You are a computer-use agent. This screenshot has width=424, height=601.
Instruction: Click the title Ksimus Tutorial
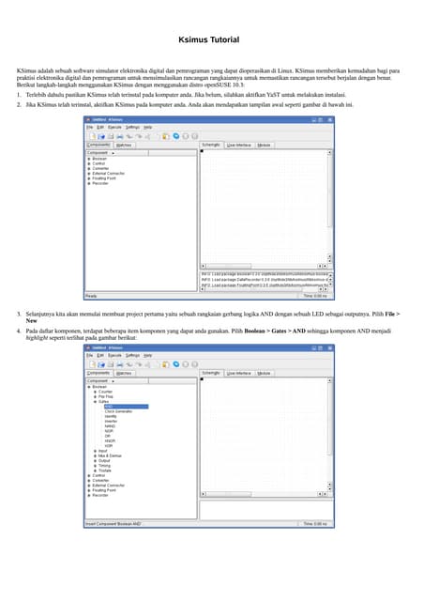pyautogui.click(x=208, y=40)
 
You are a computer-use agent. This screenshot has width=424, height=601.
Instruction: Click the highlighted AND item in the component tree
pyautogui.click(x=110, y=407)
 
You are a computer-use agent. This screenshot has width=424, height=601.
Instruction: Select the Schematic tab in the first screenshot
pyautogui.click(x=211, y=145)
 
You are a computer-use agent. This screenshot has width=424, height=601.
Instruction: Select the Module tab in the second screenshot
pyautogui.click(x=265, y=373)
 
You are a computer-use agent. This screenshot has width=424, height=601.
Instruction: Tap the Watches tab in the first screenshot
pyautogui.click(x=124, y=145)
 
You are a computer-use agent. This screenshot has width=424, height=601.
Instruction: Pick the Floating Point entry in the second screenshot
pyautogui.click(x=104, y=489)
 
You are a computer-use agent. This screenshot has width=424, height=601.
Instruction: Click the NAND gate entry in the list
pyautogui.click(x=111, y=425)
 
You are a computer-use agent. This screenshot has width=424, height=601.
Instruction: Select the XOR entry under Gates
pyautogui.click(x=109, y=445)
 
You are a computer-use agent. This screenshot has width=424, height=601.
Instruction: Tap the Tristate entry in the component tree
pyautogui.click(x=105, y=470)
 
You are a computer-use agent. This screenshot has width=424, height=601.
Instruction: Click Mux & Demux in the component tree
pyautogui.click(x=110, y=455)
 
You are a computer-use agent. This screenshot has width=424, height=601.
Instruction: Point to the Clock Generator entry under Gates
pyautogui.click(x=118, y=411)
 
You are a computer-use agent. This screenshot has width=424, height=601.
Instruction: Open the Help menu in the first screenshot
pyautogui.click(x=147, y=127)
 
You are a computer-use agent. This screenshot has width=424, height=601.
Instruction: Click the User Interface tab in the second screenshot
pyautogui.click(x=238, y=373)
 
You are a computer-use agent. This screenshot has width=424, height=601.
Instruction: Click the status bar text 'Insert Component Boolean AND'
pyautogui.click(x=114, y=523)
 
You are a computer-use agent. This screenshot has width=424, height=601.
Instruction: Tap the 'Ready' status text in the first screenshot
pyautogui.click(x=91, y=296)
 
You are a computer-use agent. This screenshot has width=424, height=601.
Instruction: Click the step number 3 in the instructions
pyautogui.click(x=19, y=313)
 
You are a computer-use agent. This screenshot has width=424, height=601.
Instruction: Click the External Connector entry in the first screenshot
pyautogui.click(x=108, y=174)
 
